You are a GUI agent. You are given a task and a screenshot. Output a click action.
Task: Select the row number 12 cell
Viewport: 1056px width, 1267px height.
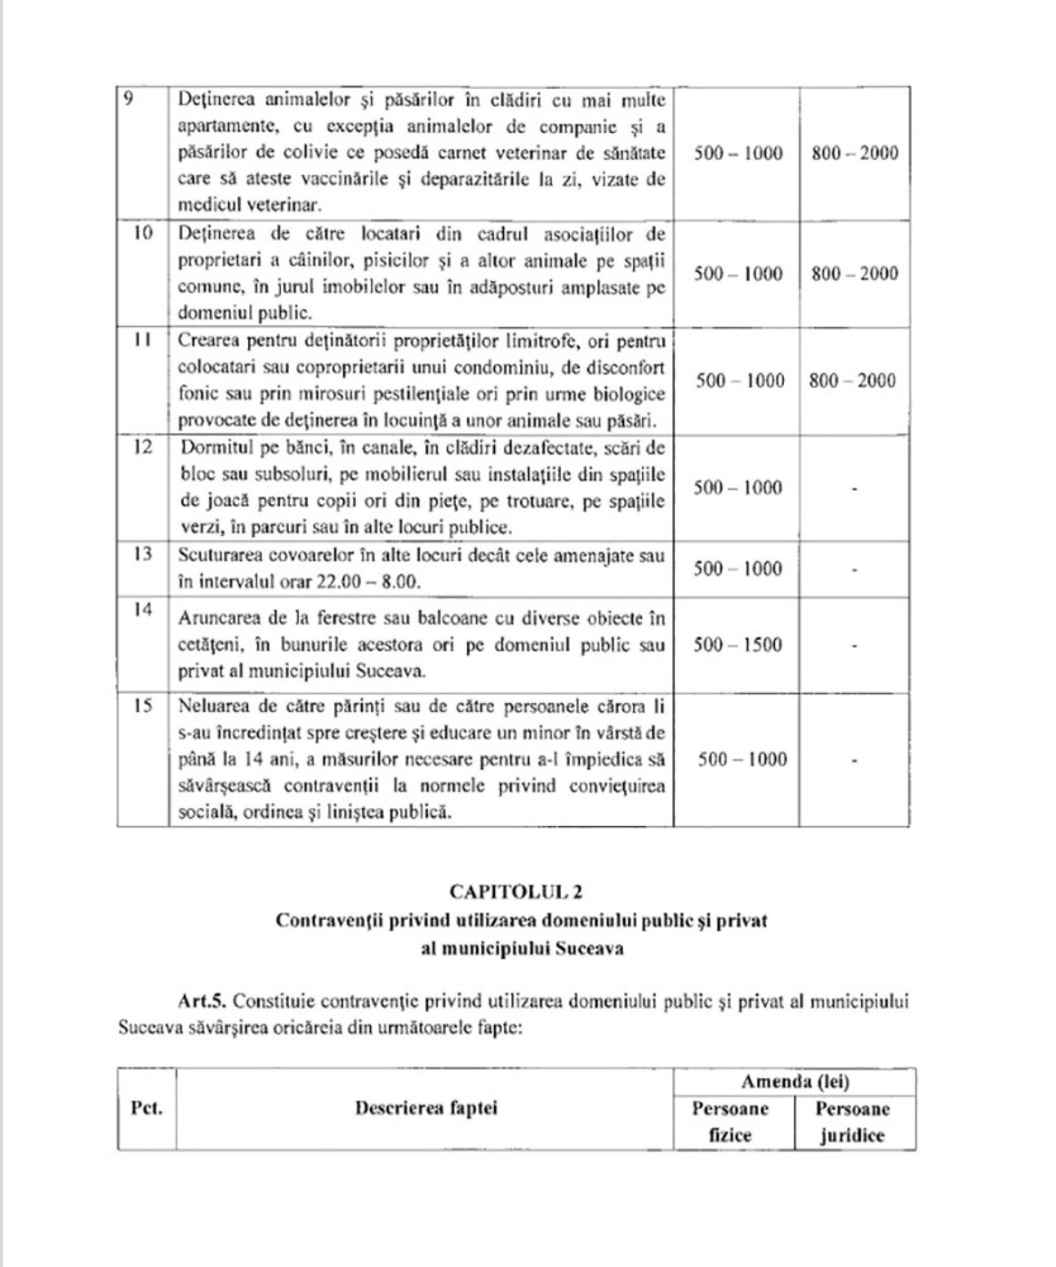(142, 448)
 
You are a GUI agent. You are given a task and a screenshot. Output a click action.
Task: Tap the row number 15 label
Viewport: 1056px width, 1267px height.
(142, 705)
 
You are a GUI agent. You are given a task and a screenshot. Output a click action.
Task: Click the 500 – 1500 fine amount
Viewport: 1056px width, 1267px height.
(738, 645)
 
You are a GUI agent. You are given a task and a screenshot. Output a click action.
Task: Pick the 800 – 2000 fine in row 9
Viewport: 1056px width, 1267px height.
(855, 153)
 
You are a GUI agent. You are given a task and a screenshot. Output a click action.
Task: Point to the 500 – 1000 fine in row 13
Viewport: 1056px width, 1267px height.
(738, 569)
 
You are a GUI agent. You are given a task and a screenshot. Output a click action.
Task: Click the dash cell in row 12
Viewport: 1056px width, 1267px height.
(855, 488)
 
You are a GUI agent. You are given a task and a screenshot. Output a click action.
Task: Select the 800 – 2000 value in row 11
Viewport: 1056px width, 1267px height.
(852, 381)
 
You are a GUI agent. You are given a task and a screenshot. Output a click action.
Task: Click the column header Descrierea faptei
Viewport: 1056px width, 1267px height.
(426, 1109)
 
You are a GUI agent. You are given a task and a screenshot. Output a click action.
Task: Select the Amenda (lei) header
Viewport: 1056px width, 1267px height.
(795, 1082)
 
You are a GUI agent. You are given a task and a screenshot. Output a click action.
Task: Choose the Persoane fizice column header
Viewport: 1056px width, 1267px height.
(730, 1122)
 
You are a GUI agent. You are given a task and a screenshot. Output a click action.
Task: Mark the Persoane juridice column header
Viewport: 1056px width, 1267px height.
(852, 1122)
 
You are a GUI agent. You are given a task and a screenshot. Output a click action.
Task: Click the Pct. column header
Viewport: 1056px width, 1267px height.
(146, 1109)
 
